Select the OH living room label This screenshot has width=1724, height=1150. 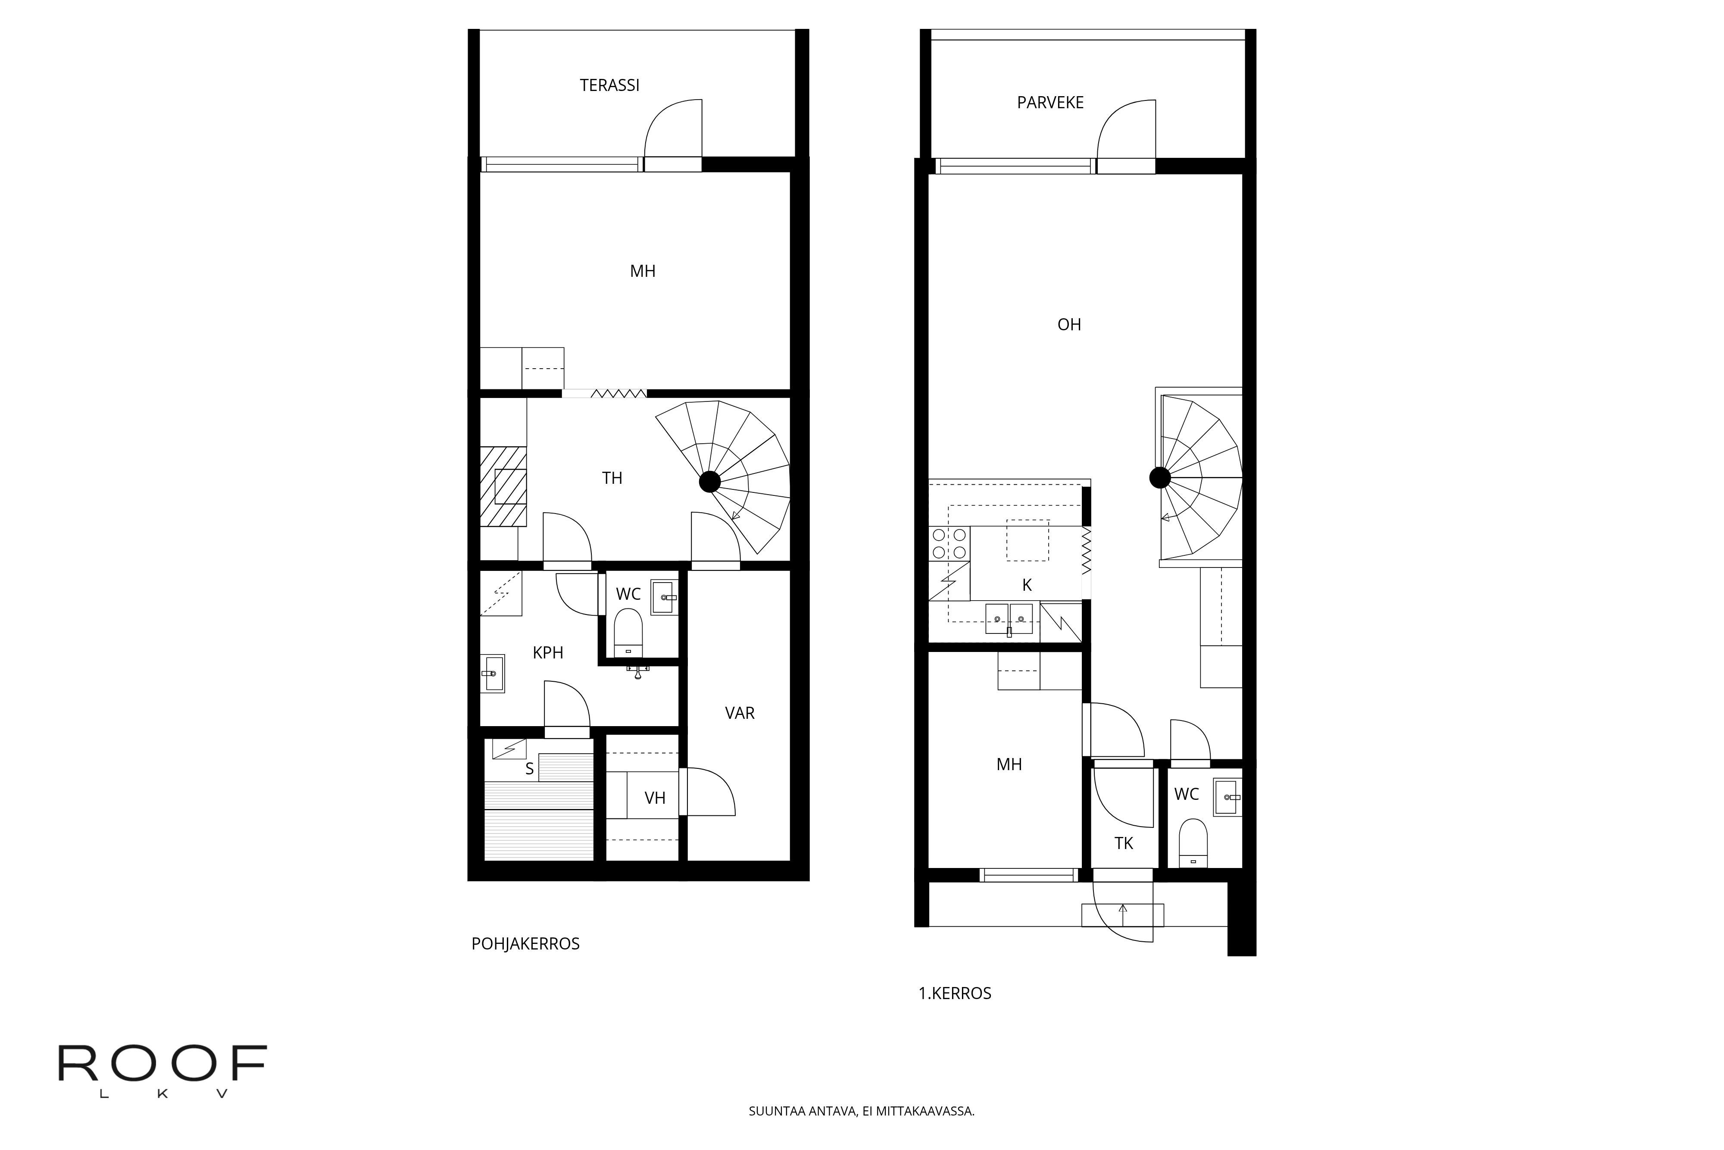[1069, 324]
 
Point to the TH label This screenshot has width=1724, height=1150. [612, 478]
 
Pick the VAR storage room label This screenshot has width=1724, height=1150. [740, 713]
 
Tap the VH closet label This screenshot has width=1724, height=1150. [655, 798]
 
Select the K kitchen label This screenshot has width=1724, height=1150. [1027, 585]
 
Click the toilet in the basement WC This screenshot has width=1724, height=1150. [628, 632]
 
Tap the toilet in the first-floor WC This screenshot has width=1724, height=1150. [1193, 843]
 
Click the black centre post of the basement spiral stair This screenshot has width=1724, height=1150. [709, 482]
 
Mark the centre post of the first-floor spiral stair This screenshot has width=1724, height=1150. [1159, 478]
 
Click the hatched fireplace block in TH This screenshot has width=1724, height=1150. [503, 486]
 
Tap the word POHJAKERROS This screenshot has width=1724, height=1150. [525, 944]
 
